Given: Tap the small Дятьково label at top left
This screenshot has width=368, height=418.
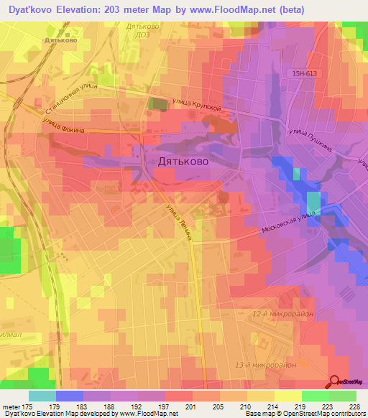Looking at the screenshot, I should click(x=61, y=41).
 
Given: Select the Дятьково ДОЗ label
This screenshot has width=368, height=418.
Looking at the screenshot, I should click(x=142, y=31).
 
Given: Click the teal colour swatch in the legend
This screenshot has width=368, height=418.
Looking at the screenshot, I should click(x=42, y=396).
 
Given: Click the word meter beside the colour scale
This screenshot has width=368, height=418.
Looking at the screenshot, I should click(x=9, y=407).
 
